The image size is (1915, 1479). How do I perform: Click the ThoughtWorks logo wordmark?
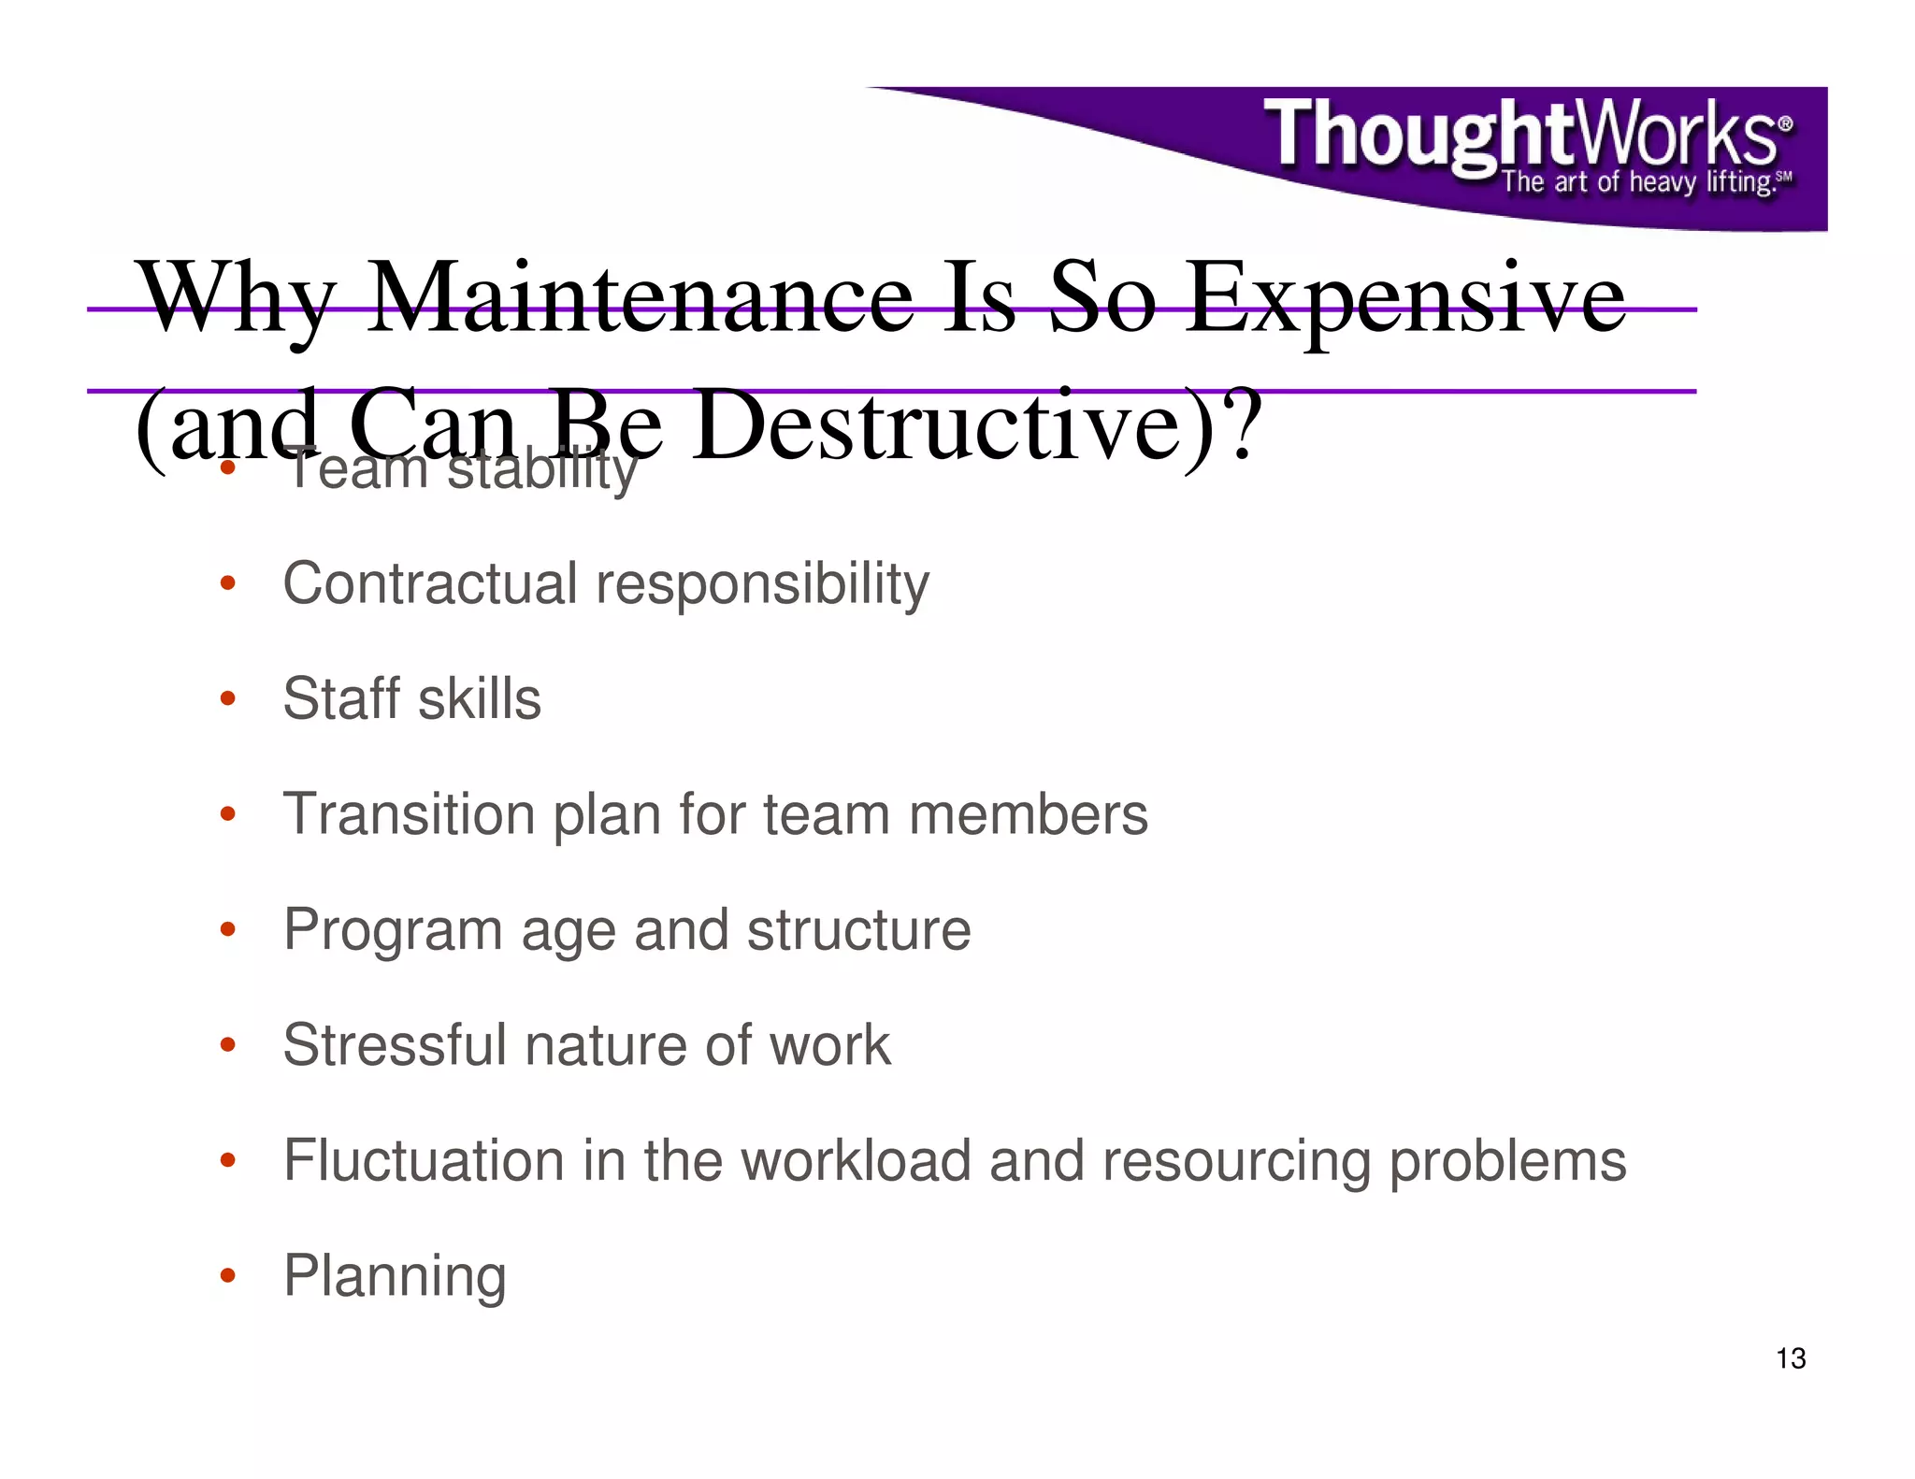1524,138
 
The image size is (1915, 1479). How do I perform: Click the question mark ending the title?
1243,426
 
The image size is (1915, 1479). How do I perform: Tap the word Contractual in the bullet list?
430,583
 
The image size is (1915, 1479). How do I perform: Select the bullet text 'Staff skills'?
411,698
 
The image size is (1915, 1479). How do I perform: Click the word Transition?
409,814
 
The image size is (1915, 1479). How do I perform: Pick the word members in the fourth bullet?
1028,814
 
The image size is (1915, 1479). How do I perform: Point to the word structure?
858,930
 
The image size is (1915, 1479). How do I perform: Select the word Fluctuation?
424,1160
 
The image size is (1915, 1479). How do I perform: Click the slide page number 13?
1790,1358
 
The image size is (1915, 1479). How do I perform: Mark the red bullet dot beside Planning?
227,1275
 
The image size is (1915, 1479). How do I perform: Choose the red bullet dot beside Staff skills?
227,698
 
